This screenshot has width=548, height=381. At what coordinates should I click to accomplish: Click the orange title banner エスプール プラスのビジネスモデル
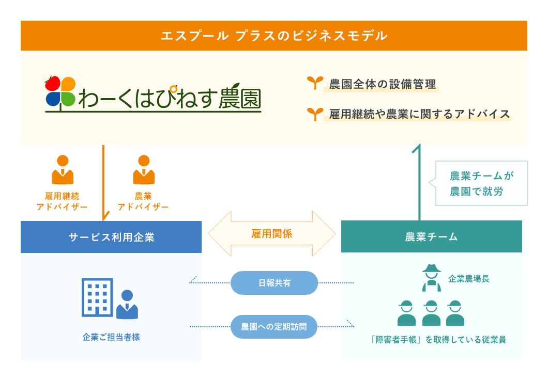(x=274, y=36)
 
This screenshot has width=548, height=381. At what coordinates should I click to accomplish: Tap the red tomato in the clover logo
(x=52, y=83)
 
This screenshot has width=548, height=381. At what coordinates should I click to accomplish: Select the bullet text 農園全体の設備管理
(x=383, y=84)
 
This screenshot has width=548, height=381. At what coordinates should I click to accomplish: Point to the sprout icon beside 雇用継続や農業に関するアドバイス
(x=315, y=114)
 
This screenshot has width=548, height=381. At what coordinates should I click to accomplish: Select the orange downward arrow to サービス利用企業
(x=103, y=183)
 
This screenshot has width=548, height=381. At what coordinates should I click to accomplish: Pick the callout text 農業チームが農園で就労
(x=481, y=183)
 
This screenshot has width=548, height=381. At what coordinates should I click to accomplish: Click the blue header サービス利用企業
(x=111, y=237)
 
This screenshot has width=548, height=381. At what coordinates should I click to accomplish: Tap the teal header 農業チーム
(x=432, y=236)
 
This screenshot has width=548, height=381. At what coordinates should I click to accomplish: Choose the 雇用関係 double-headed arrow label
(x=271, y=234)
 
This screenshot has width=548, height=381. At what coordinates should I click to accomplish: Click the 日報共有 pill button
(x=275, y=282)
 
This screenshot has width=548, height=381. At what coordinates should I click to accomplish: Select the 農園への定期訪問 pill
(x=274, y=327)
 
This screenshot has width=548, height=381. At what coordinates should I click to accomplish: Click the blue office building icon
(x=97, y=297)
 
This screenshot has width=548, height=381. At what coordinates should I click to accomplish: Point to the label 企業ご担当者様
(x=111, y=337)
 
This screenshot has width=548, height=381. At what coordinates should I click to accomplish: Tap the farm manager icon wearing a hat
(x=432, y=278)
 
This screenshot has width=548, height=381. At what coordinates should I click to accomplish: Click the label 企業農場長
(x=469, y=279)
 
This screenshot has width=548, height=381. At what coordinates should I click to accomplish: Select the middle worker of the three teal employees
(x=432, y=313)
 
